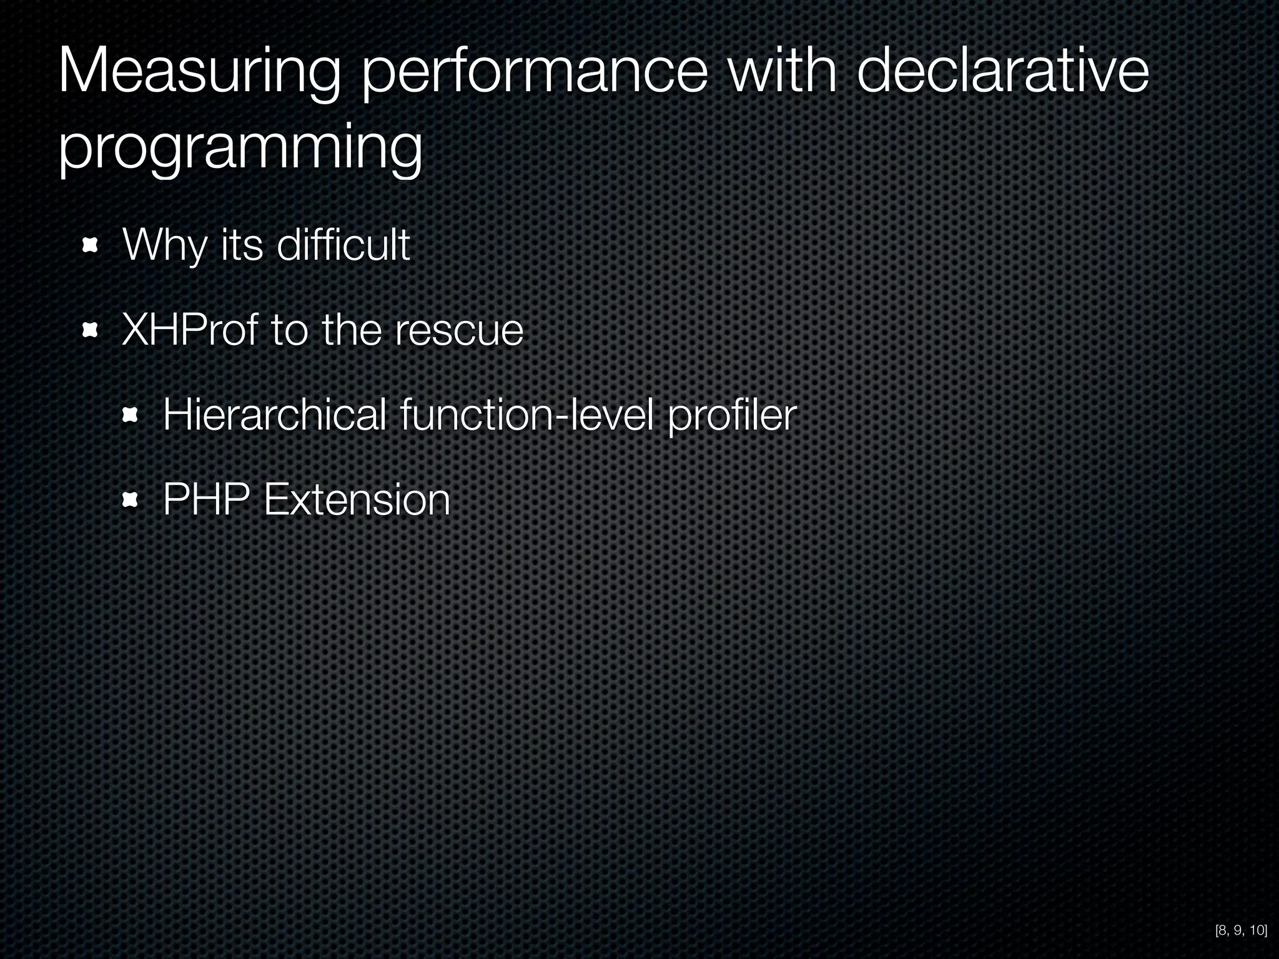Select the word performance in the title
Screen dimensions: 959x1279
[535, 75]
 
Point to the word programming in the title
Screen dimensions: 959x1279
[240, 149]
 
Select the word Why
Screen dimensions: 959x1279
[164, 245]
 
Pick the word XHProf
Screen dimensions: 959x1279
[189, 330]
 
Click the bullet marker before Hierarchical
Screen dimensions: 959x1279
[130, 415]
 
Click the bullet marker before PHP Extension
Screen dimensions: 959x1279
[130, 499]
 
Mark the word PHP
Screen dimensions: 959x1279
[206, 499]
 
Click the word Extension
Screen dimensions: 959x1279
[357, 499]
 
